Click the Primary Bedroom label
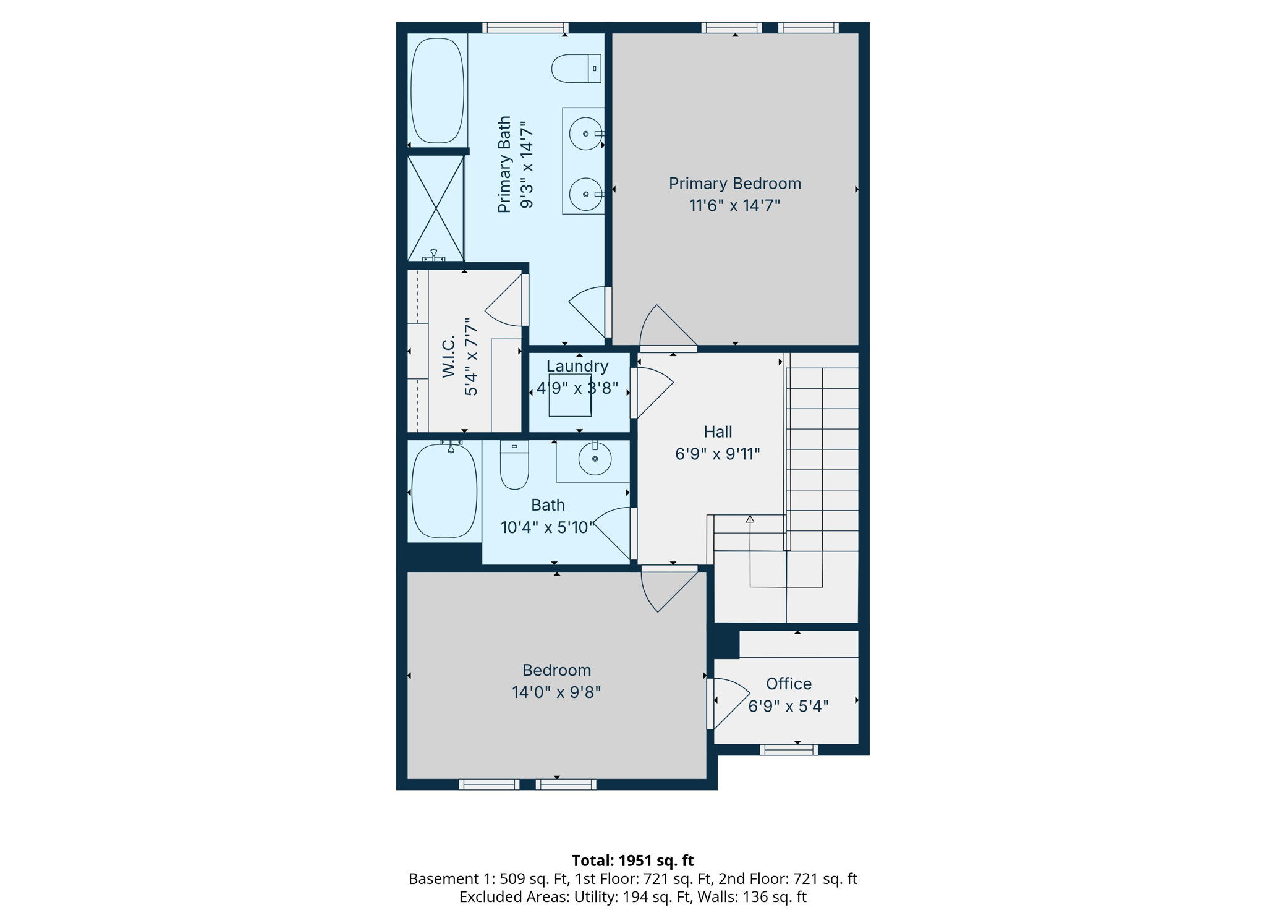(x=734, y=184)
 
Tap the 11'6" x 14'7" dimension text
(x=734, y=205)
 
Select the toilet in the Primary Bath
(x=575, y=69)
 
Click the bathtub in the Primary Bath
(x=437, y=90)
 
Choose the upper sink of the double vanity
(x=585, y=134)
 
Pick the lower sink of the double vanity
(x=585, y=194)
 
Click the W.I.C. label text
(x=449, y=356)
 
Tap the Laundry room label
(x=577, y=366)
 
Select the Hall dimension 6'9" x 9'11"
(x=717, y=454)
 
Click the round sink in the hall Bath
(x=595, y=459)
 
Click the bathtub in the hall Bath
(x=444, y=491)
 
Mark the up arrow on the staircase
(x=750, y=519)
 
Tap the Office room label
(x=788, y=684)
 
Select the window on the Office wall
(x=788, y=750)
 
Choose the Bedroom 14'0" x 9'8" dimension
(x=556, y=692)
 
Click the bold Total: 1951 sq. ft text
(x=632, y=861)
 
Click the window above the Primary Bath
(x=525, y=27)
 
